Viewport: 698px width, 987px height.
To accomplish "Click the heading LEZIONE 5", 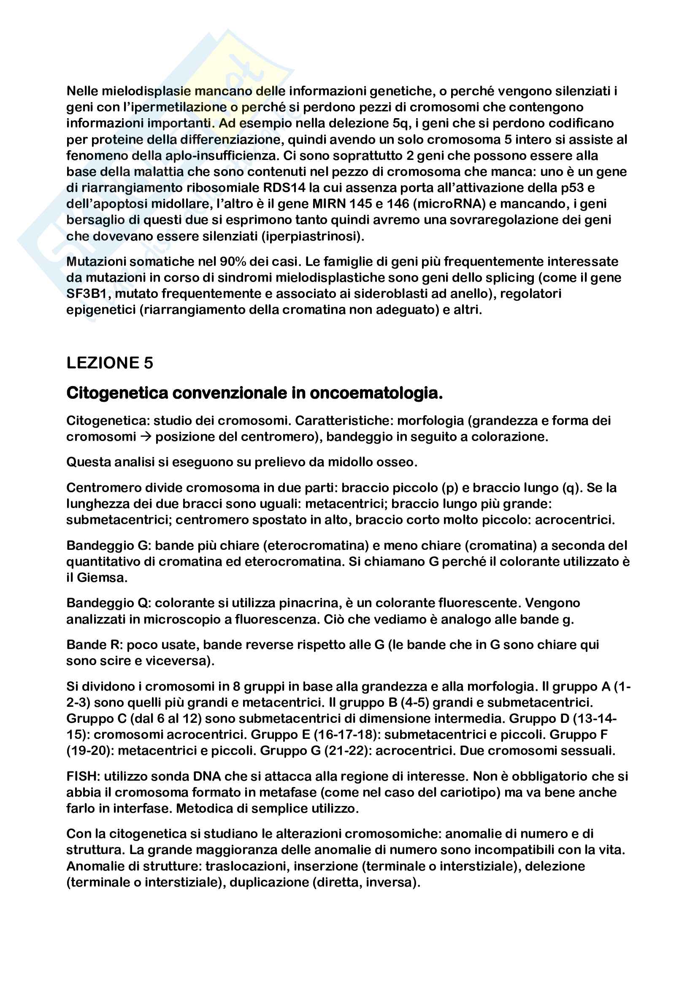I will coord(110,363).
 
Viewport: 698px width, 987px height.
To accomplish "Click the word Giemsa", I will coord(101,578).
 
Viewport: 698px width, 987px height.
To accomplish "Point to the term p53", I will coord(573,188).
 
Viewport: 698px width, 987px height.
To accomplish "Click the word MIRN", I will coord(329,204).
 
